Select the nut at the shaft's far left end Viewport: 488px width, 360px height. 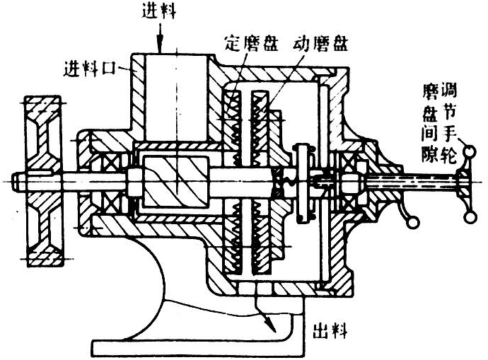coord(17,181)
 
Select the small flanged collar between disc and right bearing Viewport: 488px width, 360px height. coord(305,181)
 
